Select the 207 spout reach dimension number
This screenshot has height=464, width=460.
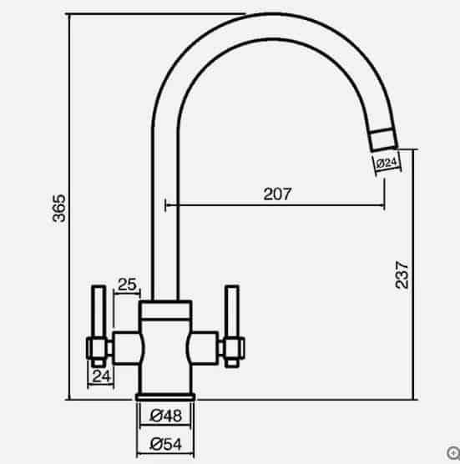click(x=277, y=194)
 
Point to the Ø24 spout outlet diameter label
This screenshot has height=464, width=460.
click(x=386, y=164)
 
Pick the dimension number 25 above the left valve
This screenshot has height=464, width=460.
click(x=127, y=285)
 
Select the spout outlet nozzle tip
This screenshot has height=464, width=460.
click(x=383, y=139)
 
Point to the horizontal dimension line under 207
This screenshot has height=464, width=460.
click(x=275, y=204)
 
